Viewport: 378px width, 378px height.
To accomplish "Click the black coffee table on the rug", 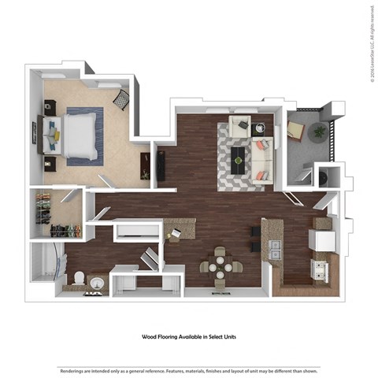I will (239, 161).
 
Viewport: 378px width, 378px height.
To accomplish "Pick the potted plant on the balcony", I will (319, 132).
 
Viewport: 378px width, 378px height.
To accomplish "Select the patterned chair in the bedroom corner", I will (122, 99).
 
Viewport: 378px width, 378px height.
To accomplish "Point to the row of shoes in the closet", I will (65, 231).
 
